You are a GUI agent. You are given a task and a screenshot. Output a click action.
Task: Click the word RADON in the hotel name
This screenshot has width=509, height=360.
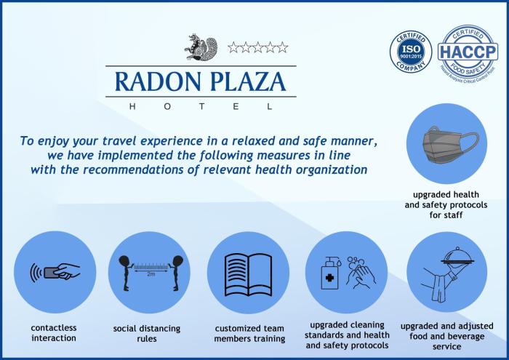(152, 81)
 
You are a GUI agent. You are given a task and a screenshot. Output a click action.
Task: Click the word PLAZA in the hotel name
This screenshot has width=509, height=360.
(249, 81)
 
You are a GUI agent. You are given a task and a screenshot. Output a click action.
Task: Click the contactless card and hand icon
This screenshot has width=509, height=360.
(55, 272)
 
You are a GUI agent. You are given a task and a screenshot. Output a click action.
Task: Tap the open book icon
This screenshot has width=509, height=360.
(248, 272)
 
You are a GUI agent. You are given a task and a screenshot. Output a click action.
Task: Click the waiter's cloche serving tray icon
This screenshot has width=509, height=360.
(446, 272)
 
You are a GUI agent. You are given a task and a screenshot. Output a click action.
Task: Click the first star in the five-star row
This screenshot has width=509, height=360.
(233, 47)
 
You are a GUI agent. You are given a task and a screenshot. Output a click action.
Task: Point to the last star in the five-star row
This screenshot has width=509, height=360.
(282, 47)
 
